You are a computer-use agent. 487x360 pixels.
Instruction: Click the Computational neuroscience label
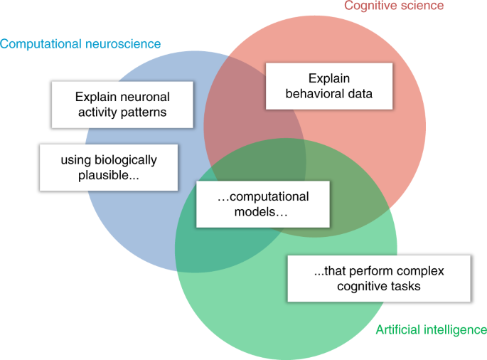80,44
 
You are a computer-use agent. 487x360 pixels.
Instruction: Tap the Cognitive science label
394,6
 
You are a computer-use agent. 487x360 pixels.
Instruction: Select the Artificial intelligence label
431,329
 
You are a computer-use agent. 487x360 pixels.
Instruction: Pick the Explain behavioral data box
329,86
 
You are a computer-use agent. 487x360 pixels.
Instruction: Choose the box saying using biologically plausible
108,167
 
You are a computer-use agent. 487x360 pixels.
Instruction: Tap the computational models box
262,204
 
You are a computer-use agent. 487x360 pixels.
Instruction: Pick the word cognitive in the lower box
341,287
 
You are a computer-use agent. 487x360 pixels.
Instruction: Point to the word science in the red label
424,6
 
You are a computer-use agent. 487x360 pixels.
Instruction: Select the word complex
413,272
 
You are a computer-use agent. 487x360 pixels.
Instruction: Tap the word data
359,93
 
